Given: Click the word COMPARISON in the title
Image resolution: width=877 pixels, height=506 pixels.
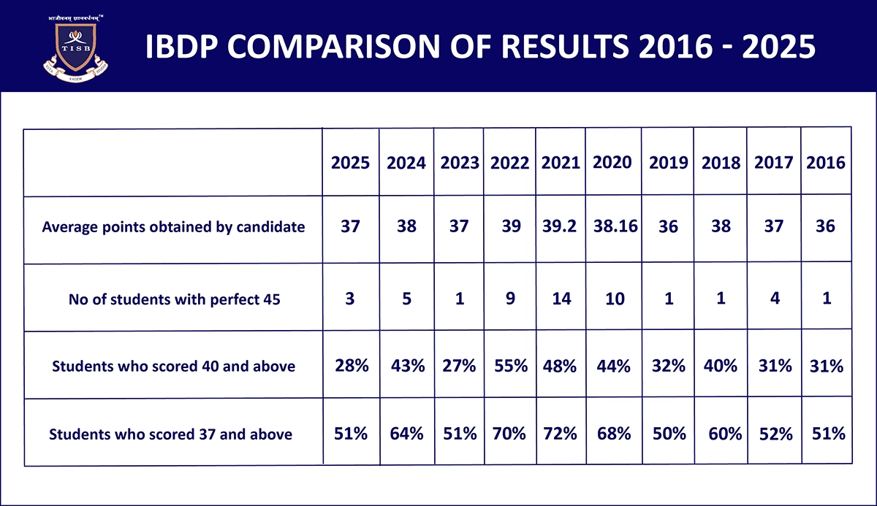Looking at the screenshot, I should (343, 47).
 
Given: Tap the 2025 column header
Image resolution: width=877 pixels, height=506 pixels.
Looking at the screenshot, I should (351, 163).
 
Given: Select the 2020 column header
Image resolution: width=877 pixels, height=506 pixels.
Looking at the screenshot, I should (612, 162).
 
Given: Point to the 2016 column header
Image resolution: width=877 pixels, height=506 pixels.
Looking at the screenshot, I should (826, 163).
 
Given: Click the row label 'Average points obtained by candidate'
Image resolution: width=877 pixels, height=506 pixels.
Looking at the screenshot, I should (173, 226).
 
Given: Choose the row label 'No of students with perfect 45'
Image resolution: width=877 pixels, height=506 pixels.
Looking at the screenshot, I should (173, 299).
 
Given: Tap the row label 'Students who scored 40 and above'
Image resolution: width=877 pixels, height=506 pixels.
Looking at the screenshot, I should (173, 366).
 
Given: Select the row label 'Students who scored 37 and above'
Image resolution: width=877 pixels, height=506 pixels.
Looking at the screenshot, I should (170, 434).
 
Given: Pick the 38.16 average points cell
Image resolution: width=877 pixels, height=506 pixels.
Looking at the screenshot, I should (613, 226).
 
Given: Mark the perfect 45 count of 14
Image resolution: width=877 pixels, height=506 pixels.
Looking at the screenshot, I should (561, 298).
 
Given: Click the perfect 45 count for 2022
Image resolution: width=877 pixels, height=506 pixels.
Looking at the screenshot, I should (512, 298).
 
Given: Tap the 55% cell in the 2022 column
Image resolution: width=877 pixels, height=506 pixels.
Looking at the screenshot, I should (510, 365).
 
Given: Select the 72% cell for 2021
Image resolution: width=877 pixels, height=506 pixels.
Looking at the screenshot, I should (560, 433).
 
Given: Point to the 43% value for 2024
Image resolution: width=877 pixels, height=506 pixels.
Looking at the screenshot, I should (407, 365).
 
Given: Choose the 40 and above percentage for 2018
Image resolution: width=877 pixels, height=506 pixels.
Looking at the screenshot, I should (720, 365).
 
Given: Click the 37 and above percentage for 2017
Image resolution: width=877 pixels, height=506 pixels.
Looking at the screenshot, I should (775, 434).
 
